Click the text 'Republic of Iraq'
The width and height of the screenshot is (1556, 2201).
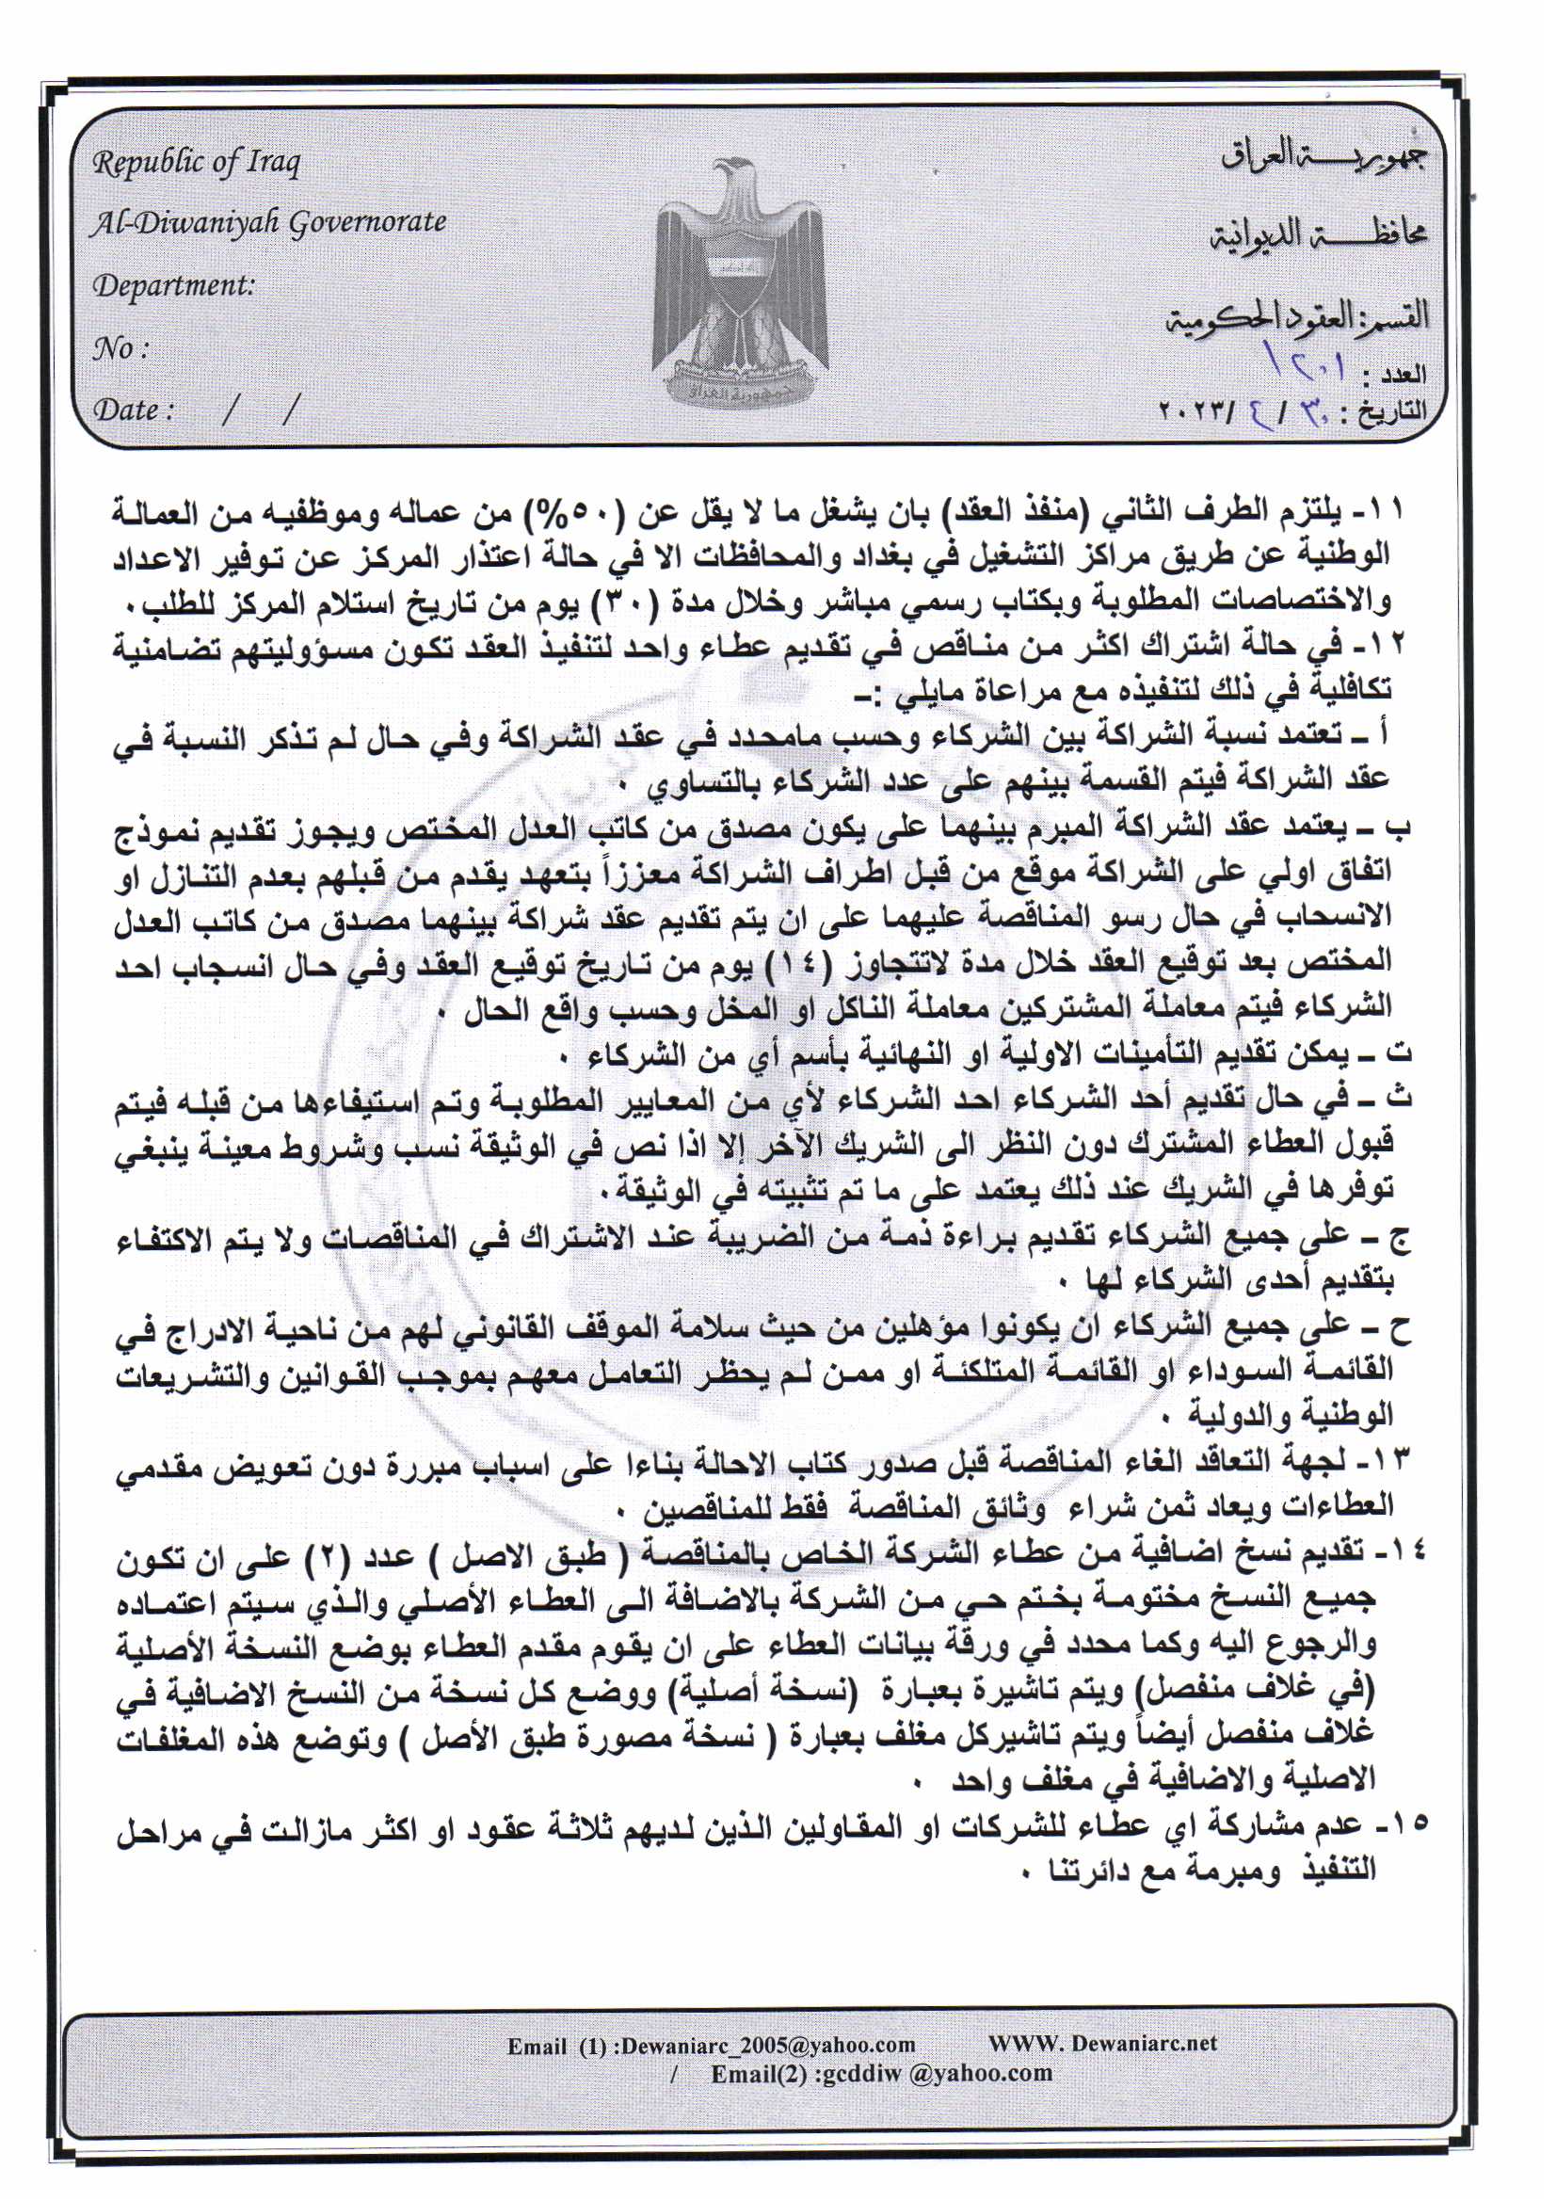[197, 163]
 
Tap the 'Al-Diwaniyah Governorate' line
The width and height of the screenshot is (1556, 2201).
[268, 223]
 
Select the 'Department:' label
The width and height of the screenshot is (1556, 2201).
[173, 285]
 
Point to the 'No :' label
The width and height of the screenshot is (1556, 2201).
[120, 348]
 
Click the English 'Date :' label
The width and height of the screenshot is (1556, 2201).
[134, 410]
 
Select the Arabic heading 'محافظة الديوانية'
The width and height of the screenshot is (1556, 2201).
[1319, 233]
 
